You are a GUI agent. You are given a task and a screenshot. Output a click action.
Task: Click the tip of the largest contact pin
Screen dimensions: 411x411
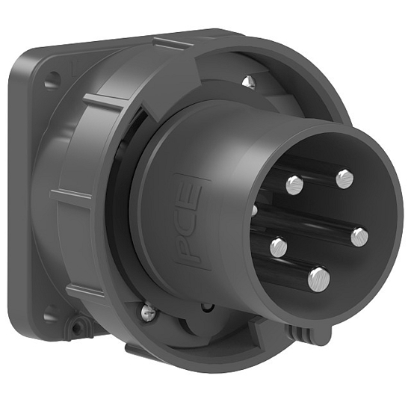[318, 279]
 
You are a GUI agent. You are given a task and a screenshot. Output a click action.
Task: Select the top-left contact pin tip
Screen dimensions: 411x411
[294, 184]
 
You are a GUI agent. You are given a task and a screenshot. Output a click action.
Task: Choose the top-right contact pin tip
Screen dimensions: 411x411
[344, 178]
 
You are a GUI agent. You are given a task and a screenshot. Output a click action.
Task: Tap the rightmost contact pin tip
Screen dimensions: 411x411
[359, 237]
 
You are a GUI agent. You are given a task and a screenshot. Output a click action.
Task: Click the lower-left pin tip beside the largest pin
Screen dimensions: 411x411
[279, 247]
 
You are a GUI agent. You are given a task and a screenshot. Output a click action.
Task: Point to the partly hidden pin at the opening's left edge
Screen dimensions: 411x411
[254, 211]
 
